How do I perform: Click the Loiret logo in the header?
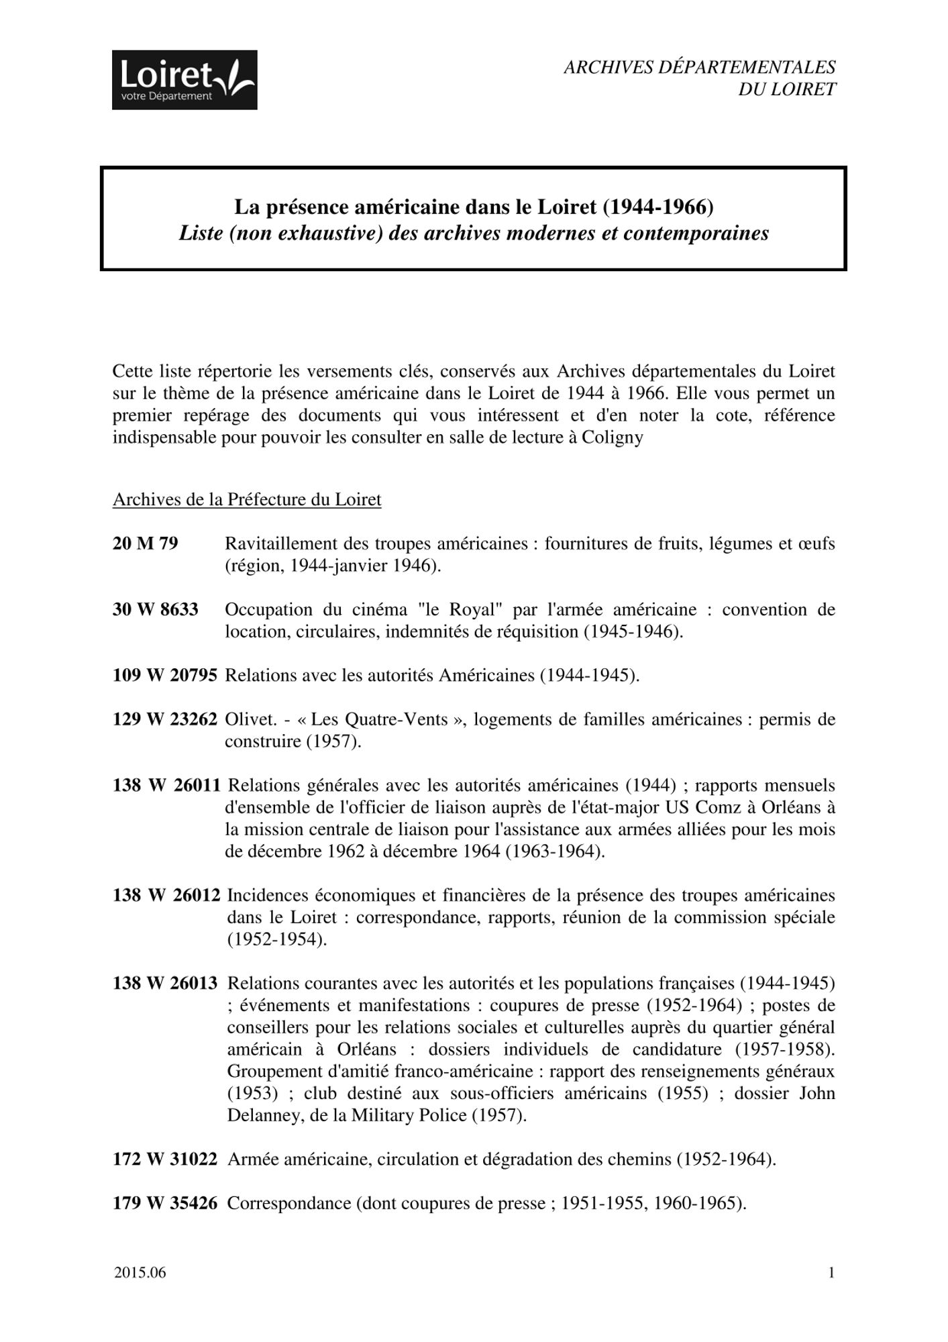(x=185, y=80)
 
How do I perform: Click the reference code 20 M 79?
(x=146, y=543)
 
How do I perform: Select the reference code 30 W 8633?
(x=156, y=609)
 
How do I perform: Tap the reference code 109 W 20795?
(x=165, y=675)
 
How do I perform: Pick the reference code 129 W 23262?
(x=165, y=719)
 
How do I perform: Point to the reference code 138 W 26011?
(x=166, y=785)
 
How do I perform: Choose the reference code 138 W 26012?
(x=166, y=895)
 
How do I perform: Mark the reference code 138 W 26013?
(x=165, y=984)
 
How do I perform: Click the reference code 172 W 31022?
(x=165, y=1159)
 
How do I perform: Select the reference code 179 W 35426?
(x=165, y=1203)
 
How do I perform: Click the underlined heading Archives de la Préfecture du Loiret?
(x=247, y=500)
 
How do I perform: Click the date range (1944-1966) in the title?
(x=658, y=207)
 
